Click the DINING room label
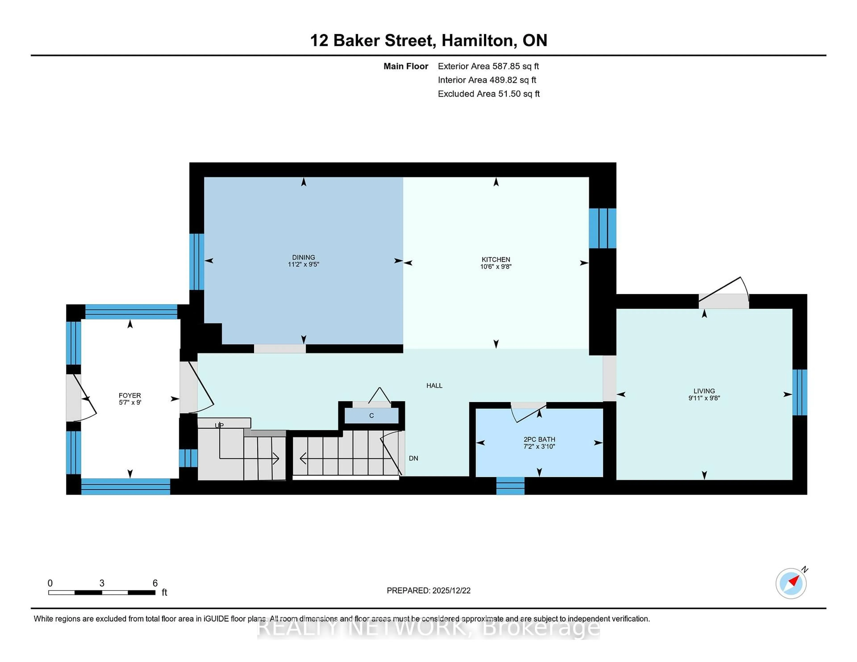click(303, 257)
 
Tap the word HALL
click(434, 385)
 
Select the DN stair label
click(413, 458)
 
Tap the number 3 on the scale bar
click(102, 583)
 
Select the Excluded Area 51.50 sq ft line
click(489, 94)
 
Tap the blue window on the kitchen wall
click(602, 228)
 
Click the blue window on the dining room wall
click(197, 262)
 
